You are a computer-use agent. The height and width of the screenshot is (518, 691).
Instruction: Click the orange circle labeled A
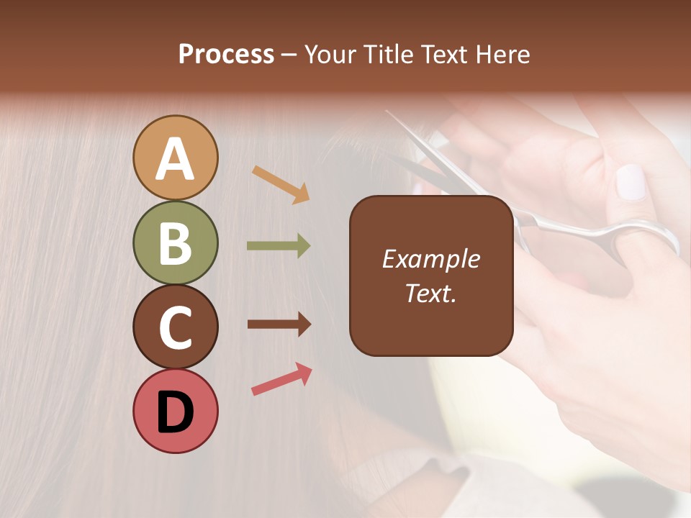coord(175,158)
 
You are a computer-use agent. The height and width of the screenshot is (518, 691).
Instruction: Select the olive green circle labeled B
coord(175,242)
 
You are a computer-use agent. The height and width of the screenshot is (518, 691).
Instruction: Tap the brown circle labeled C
coord(175,327)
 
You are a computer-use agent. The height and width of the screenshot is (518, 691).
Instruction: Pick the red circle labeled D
coord(175,411)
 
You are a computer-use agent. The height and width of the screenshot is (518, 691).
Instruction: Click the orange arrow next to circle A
coord(281,184)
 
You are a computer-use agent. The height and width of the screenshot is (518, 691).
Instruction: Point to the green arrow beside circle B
coord(279,246)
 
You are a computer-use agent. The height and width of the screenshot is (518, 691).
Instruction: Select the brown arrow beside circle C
coord(279,324)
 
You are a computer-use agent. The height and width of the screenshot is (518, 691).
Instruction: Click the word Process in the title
coord(226,54)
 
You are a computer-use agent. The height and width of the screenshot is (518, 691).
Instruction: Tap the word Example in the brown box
coord(430,259)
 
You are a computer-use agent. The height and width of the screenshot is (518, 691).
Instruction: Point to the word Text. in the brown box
coord(430,293)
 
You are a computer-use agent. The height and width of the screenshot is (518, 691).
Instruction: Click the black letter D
coord(175,412)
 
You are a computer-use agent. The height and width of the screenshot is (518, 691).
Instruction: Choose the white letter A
coord(175,159)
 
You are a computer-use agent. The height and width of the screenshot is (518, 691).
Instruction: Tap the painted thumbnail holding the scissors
coord(631,182)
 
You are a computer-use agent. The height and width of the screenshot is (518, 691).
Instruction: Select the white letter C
coord(175,327)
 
